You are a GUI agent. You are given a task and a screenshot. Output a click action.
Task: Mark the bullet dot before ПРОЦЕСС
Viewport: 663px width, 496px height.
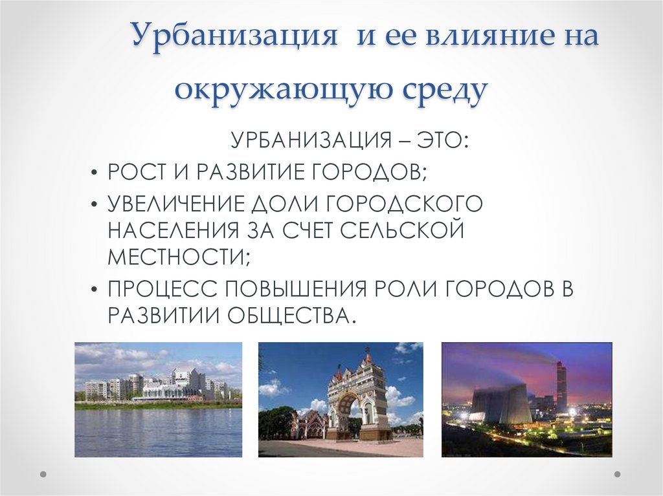pos(95,289)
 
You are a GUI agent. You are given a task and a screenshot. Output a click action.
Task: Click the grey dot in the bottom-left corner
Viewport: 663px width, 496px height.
pos(43,474)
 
